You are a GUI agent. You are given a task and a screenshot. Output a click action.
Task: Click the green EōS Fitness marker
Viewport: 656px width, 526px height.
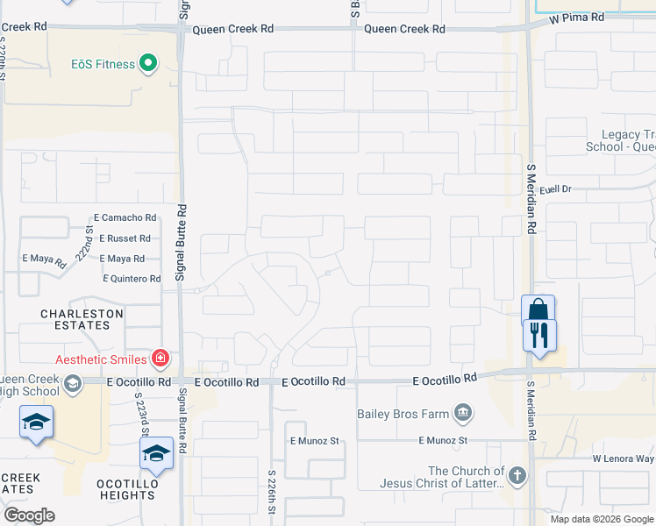click(147, 63)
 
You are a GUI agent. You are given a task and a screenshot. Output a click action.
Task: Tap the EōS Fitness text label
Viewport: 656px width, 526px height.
click(103, 64)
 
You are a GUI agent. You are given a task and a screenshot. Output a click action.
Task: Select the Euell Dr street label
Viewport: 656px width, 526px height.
click(555, 188)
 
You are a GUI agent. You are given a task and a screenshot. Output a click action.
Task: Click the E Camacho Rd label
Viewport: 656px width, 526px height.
click(125, 217)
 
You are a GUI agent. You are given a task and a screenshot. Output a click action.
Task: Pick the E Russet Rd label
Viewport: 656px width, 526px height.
click(125, 238)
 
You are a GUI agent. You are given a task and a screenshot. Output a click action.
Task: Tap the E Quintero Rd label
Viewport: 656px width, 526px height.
click(132, 279)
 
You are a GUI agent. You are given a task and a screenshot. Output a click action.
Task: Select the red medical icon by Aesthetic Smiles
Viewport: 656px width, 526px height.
click(160, 357)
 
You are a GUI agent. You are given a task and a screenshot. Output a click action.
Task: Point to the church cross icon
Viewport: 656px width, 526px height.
click(517, 476)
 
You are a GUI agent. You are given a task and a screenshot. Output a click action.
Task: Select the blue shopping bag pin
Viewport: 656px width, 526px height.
click(538, 312)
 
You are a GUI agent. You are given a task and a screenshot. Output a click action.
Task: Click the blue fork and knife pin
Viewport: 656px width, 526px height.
click(540, 335)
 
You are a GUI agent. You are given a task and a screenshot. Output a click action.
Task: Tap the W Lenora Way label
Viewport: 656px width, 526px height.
click(623, 458)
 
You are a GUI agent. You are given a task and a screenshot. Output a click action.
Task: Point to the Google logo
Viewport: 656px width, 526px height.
click(29, 515)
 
